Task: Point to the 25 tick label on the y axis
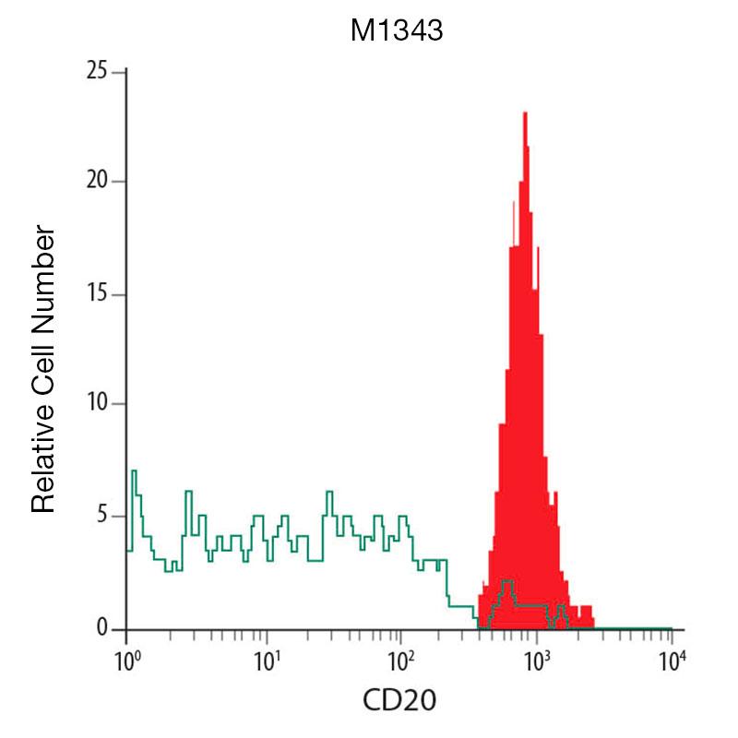click(x=96, y=72)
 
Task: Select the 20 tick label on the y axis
click(x=96, y=182)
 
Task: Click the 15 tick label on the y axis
click(x=97, y=295)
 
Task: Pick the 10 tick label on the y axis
click(x=97, y=404)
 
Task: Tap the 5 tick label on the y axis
click(x=102, y=516)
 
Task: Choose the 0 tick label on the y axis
click(x=102, y=629)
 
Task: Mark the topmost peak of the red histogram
click(x=525, y=113)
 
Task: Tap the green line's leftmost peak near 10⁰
click(x=134, y=471)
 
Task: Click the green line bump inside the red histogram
click(x=506, y=582)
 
